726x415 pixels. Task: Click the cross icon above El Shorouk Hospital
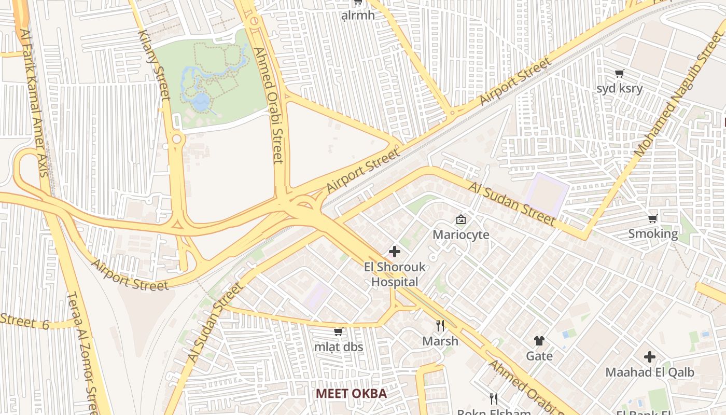click(395, 252)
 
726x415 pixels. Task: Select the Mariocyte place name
click(460, 234)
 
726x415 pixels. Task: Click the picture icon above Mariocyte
click(460, 220)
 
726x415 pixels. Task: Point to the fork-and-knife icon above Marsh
click(440, 326)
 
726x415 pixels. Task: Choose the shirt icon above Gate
click(539, 341)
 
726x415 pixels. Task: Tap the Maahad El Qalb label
click(649, 372)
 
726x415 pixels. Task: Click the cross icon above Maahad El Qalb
click(650, 357)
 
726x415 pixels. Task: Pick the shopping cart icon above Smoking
click(653, 218)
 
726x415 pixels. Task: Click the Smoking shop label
click(653, 233)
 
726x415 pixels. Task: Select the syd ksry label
click(619, 88)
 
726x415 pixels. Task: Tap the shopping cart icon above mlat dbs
click(338, 332)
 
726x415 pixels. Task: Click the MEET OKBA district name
click(351, 393)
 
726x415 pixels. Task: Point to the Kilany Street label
click(154, 64)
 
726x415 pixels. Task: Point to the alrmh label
click(358, 15)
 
